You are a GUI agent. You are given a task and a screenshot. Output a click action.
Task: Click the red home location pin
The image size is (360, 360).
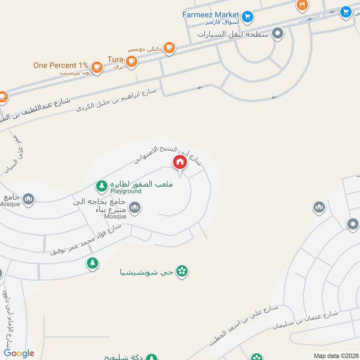tap(180, 162)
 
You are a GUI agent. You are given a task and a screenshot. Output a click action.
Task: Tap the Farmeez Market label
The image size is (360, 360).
tap(210, 14)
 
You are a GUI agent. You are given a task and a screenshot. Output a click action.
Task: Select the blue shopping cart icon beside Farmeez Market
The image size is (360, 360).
tap(247, 18)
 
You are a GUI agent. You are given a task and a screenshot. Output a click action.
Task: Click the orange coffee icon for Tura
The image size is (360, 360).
tap(131, 61)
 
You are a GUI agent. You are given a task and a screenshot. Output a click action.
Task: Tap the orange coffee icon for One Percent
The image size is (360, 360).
tap(96, 67)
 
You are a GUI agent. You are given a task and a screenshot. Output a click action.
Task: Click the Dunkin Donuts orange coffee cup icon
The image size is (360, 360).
tap(169, 47)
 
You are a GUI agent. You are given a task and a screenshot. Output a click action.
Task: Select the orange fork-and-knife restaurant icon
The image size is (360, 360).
tap(302, 5)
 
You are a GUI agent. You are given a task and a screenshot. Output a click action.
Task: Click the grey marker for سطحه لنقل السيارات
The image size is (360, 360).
tap(279, 33)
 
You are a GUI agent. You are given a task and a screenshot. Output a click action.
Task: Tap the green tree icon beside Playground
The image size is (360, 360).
tap(102, 185)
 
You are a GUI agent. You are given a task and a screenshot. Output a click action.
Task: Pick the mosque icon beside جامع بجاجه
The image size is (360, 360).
tap(135, 207)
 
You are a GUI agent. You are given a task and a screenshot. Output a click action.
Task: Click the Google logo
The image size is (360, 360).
tap(19, 354)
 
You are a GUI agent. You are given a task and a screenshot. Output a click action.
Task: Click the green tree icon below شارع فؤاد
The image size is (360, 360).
tap(93, 263)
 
